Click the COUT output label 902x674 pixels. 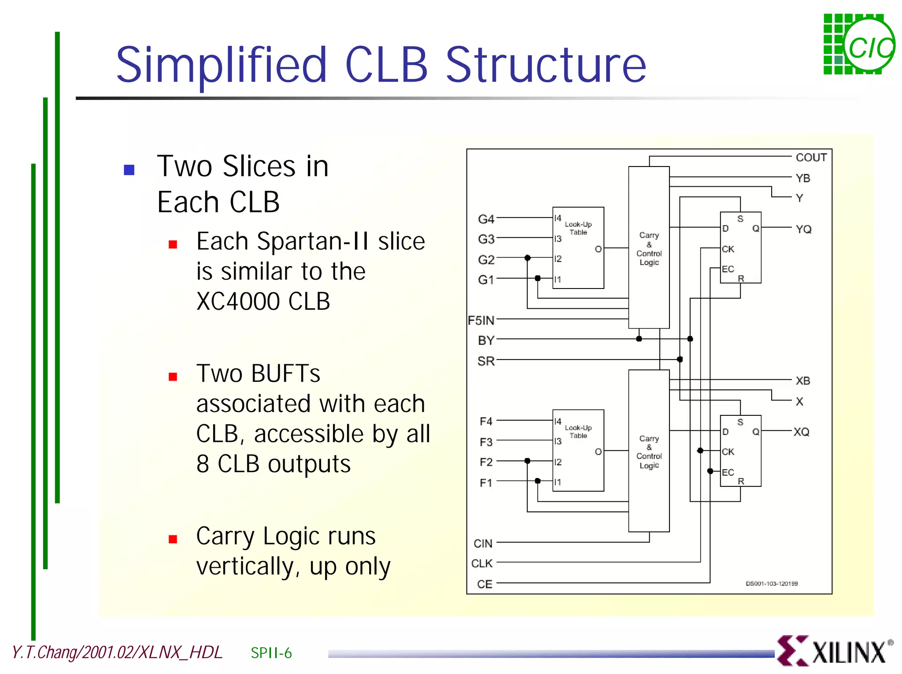point(811,157)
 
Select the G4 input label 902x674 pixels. point(486,219)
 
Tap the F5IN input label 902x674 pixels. point(481,320)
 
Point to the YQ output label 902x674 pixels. point(803,229)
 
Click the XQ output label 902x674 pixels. point(801,432)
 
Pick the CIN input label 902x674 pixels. point(483,544)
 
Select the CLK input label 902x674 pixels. point(482,563)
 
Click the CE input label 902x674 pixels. point(484,584)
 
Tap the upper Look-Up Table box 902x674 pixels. point(578,248)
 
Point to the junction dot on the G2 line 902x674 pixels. point(527,258)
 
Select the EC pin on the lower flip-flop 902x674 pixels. point(728,472)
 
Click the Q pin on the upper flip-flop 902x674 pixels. point(755,228)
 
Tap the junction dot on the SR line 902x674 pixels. point(680,359)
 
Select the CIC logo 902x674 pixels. point(858,44)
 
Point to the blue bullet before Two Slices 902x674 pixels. point(129,170)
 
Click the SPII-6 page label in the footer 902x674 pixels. point(271,653)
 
